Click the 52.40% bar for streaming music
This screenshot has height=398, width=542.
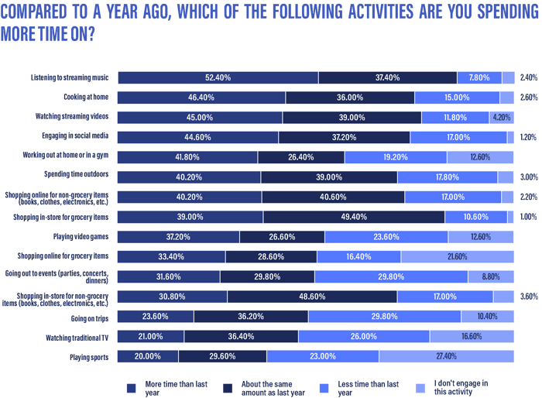[218, 77]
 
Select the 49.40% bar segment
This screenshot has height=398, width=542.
[353, 217]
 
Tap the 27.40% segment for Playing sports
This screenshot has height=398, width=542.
[447, 356]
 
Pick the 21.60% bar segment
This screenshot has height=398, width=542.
[458, 256]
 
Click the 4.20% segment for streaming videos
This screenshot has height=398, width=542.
[501, 118]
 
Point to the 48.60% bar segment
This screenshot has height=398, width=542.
[311, 296]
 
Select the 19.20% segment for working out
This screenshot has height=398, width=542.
[395, 157]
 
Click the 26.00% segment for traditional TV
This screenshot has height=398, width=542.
[363, 336]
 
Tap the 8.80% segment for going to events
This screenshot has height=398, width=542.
[491, 276]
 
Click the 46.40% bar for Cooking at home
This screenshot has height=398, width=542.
[201, 98]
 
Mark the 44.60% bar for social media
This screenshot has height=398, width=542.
[197, 137]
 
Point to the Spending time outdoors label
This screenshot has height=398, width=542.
[77, 177]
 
